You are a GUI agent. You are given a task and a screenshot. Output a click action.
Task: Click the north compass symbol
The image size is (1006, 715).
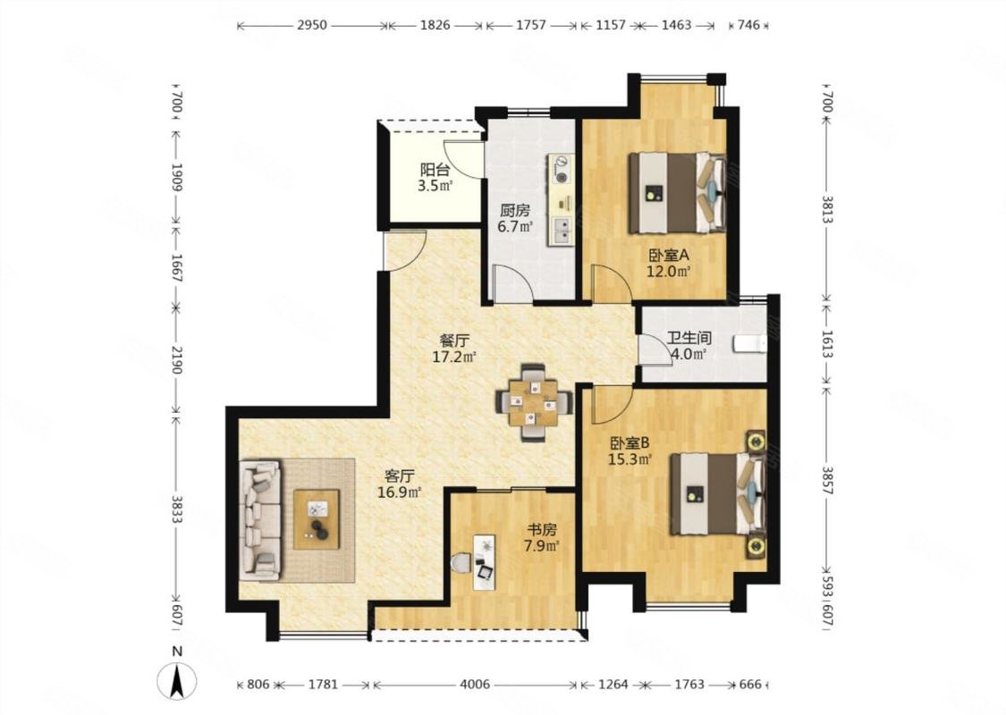(178, 681)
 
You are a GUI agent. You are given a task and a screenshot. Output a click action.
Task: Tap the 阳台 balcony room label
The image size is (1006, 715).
(435, 170)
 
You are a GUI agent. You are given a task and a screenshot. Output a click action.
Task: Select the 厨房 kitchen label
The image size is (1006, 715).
(515, 210)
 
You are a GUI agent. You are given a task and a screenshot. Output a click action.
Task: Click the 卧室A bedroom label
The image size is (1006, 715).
(668, 255)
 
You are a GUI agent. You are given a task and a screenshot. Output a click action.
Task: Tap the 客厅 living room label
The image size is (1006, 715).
(399, 476)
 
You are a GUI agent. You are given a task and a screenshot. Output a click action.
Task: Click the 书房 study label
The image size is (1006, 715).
(542, 530)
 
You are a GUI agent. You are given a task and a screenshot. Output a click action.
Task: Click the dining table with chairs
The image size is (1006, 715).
(533, 403)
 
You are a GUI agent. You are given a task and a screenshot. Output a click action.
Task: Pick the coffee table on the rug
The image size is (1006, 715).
(317, 518)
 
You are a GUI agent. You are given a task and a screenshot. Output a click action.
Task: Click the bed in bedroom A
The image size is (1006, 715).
(678, 192)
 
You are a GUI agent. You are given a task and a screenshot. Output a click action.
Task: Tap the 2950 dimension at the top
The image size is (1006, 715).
(312, 25)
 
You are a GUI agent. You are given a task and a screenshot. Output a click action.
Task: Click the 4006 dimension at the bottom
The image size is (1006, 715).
(475, 685)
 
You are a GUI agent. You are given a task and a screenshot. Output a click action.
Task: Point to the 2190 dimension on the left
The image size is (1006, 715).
(178, 359)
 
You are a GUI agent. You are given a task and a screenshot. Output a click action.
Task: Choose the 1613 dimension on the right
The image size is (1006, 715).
(826, 345)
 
